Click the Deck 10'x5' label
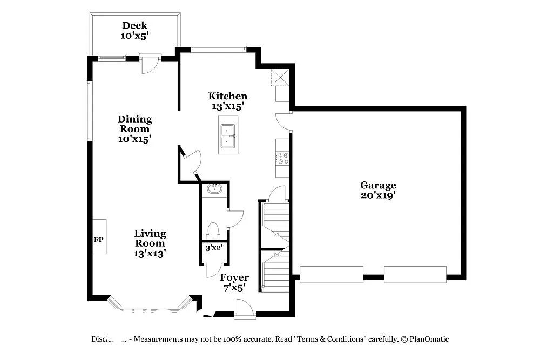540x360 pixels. tap(134, 30)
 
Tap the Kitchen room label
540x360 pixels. tap(228, 101)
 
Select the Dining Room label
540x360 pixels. tap(134, 128)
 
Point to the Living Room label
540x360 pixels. tap(150, 243)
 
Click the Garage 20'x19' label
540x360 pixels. tap(378, 190)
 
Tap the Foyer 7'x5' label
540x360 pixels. tap(234, 282)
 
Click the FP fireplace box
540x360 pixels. tap(99, 236)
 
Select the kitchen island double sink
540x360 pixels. tap(227, 136)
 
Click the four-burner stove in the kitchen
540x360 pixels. tap(282, 158)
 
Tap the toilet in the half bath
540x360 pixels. tap(213, 230)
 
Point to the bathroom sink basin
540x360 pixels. tap(214, 188)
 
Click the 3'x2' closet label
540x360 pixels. tap(214, 248)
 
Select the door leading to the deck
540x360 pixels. tap(150, 63)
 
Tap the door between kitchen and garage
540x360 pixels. tap(283, 121)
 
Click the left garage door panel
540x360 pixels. tap(331, 274)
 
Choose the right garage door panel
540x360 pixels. tap(415, 274)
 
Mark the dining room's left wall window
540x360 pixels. tap(89, 111)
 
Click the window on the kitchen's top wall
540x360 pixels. tap(218, 49)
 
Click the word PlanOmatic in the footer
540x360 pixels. tap(429, 339)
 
